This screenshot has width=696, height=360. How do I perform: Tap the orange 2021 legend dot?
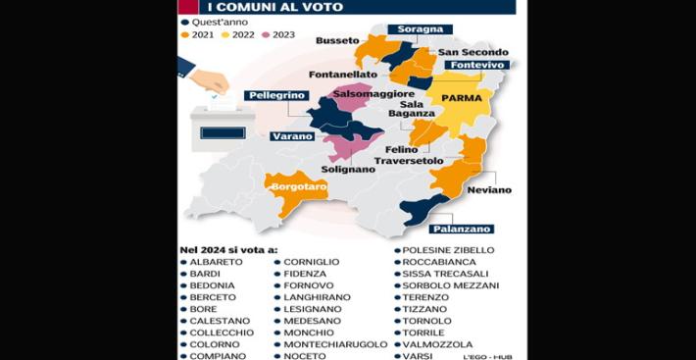184,34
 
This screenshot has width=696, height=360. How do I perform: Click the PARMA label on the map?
463,98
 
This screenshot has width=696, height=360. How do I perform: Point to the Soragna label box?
420,29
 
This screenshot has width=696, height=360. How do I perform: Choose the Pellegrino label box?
275,95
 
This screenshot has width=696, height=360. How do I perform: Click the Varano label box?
291,135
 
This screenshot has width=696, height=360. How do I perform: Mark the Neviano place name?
489,189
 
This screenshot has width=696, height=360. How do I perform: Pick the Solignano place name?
348,169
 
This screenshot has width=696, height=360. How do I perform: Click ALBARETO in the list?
217,262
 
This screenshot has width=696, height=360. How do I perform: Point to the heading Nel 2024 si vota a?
228,250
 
